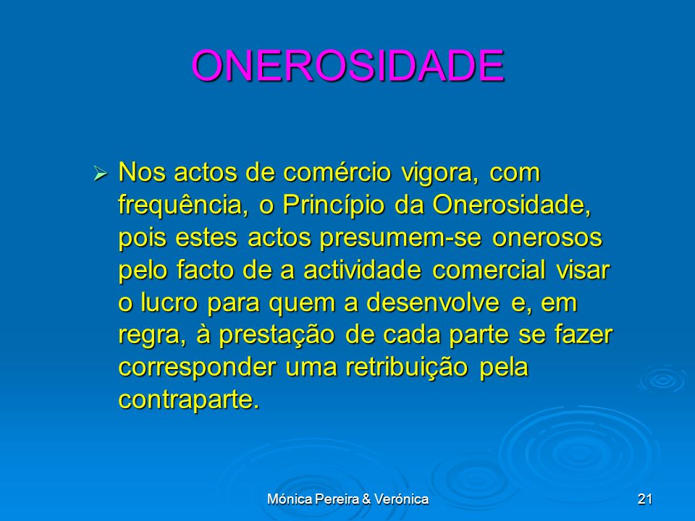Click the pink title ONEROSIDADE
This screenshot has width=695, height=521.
[x=347, y=65]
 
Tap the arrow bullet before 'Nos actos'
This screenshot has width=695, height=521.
[x=100, y=173]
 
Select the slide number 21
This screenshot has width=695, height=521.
[x=645, y=499]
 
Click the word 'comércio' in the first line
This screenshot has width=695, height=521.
[x=337, y=172]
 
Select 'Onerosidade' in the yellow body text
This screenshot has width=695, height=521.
[x=512, y=204]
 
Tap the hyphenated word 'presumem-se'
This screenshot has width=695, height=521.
[x=400, y=238]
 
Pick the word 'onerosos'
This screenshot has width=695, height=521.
[x=547, y=238]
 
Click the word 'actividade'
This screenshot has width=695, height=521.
[x=362, y=270]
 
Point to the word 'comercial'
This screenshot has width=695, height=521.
[x=489, y=270]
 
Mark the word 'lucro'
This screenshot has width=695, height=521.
[x=169, y=302]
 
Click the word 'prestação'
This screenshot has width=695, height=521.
[x=277, y=335]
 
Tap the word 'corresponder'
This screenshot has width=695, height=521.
[x=197, y=368]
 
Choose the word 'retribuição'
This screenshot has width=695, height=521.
[x=406, y=368]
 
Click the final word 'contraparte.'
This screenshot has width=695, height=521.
[x=189, y=400]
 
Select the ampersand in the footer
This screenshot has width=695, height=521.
[x=366, y=499]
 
